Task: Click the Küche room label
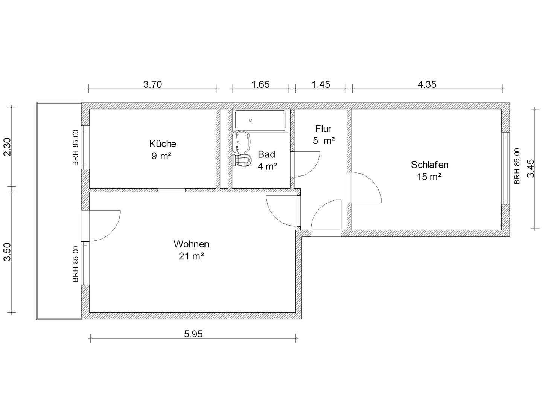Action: [x=163, y=144]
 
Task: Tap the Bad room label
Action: [x=266, y=154]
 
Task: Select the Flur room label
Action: [x=323, y=129]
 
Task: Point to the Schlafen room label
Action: [x=429, y=165]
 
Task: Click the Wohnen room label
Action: [x=191, y=244]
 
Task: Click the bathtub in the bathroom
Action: [x=261, y=121]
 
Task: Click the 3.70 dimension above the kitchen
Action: [x=152, y=84]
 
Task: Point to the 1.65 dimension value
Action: [x=260, y=84]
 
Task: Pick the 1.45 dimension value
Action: [x=321, y=84]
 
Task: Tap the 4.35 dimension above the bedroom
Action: [x=427, y=84]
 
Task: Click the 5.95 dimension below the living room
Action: [x=193, y=334]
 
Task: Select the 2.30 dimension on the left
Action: [x=8, y=147]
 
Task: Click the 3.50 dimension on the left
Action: [x=8, y=252]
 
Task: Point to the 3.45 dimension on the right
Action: [x=531, y=168]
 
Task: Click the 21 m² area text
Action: [x=191, y=256]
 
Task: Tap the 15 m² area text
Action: [x=429, y=177]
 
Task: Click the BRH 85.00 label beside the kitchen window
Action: [x=76, y=148]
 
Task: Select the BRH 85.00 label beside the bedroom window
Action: [x=517, y=166]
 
